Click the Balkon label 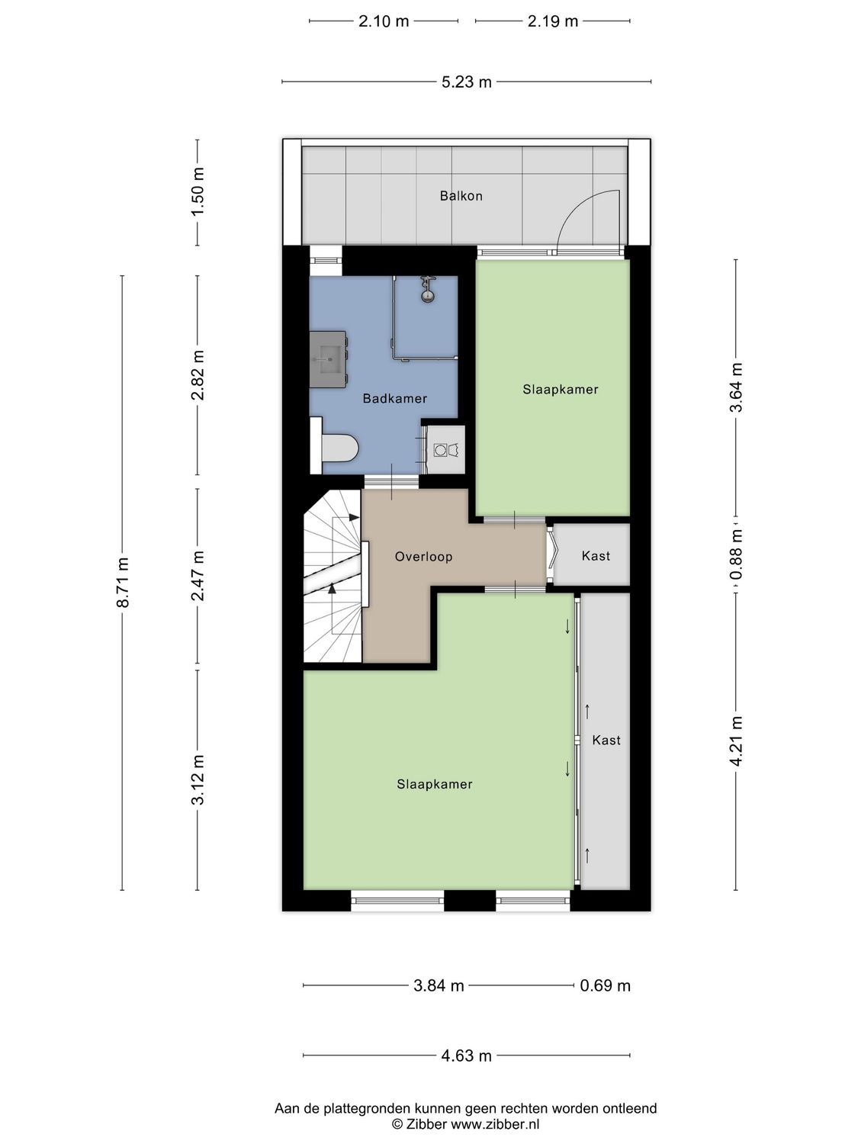(461, 196)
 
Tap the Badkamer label (394, 399)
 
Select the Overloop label (423, 557)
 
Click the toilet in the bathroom (337, 448)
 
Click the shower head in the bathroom (427, 289)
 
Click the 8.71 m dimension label (123, 583)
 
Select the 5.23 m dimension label (466, 82)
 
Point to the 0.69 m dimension (605, 985)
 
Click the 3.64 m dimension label (736, 387)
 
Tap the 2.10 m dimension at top (384, 21)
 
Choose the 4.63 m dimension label (466, 1056)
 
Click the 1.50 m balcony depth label (198, 191)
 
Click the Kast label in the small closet (596, 556)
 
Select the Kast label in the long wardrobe (606, 740)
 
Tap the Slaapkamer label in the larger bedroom (434, 784)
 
